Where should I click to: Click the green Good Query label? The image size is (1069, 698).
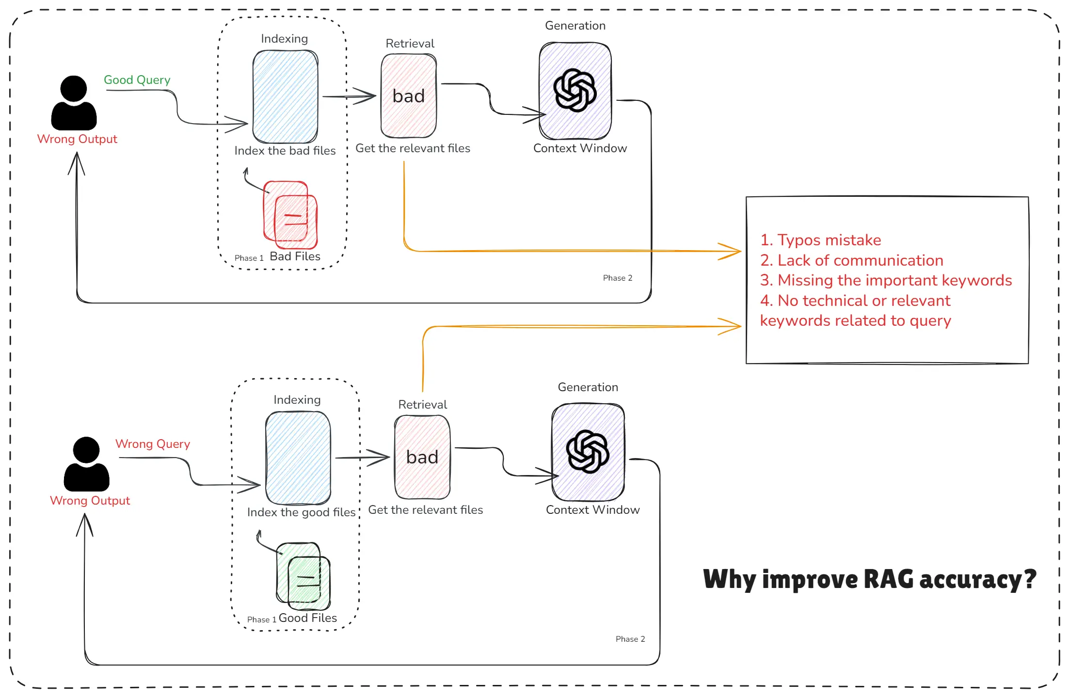tap(137, 80)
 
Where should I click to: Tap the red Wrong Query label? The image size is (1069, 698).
tap(153, 444)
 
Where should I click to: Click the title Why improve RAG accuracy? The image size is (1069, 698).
tap(870, 579)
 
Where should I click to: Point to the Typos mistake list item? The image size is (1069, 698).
tap(821, 240)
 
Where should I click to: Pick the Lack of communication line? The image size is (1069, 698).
tap(852, 261)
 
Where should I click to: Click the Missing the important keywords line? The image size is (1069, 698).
tap(886, 281)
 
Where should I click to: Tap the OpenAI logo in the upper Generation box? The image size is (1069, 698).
tap(575, 91)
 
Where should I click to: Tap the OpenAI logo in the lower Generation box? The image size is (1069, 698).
tap(588, 452)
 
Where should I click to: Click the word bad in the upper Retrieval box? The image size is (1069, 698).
tap(409, 96)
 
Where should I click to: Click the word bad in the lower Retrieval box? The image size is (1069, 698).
tap(422, 458)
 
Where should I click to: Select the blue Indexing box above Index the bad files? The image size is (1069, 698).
tap(285, 97)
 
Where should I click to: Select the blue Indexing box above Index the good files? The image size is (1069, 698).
tap(298, 458)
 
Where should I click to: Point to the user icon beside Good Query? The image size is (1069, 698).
tap(74, 103)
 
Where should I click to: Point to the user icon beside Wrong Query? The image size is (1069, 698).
tap(86, 464)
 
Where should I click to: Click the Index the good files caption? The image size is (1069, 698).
tap(302, 512)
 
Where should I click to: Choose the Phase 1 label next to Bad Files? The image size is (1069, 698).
tap(249, 258)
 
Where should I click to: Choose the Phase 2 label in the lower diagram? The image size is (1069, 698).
tap(630, 639)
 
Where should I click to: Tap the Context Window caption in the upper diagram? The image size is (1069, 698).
tap(580, 148)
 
